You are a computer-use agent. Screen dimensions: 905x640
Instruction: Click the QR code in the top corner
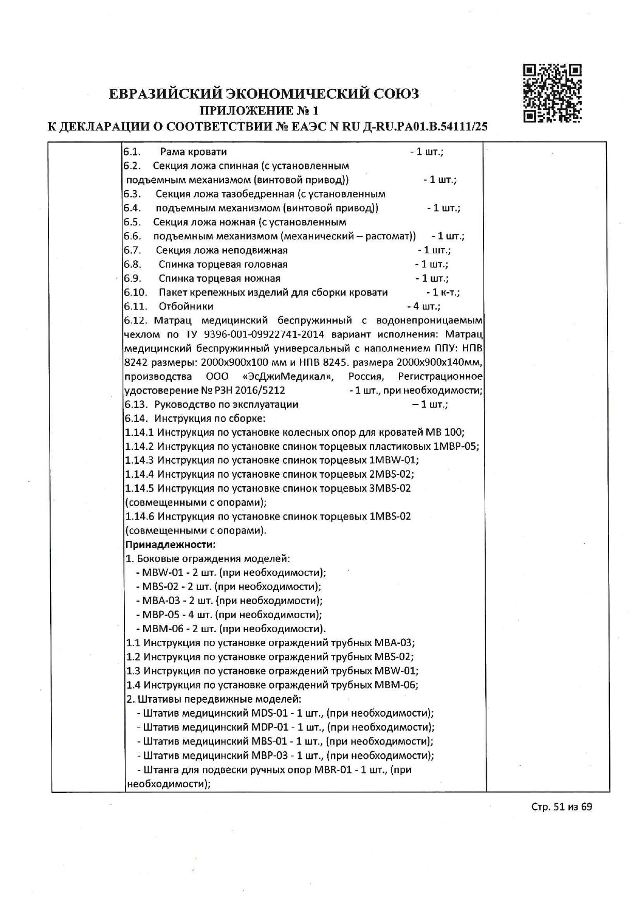pos(552,93)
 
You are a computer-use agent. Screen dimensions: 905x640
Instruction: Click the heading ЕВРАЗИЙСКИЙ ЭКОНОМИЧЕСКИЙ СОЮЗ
pos(264,93)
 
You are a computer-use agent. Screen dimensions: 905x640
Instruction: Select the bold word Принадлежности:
pos(170,544)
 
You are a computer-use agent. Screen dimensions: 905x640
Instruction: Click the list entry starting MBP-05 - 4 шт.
pos(228,615)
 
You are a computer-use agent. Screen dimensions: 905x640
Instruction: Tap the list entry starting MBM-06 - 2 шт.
pos(230,629)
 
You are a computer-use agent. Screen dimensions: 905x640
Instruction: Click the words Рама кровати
pos(193,152)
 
